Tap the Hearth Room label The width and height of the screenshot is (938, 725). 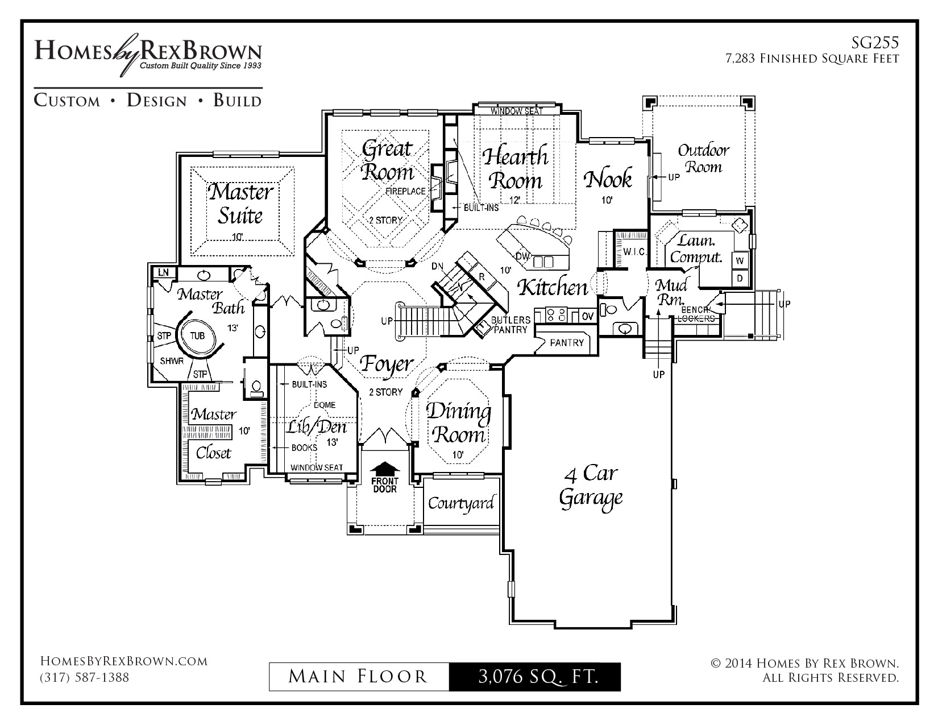pyautogui.click(x=516, y=168)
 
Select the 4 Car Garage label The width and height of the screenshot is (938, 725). pyautogui.click(x=591, y=486)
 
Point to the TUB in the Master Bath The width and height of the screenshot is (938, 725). pyautogui.click(x=197, y=335)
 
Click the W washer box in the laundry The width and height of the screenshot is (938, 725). pyautogui.click(x=740, y=260)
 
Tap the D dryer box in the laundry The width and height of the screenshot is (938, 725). pyautogui.click(x=740, y=278)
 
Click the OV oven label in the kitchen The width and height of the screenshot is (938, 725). pyautogui.click(x=587, y=316)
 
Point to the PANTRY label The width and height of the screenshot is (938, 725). pyautogui.click(x=567, y=342)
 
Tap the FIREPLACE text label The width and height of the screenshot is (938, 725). pyautogui.click(x=405, y=191)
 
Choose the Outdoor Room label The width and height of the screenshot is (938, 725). pyautogui.click(x=703, y=159)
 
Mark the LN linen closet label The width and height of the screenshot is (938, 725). pyautogui.click(x=164, y=272)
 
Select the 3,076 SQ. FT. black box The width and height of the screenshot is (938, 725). pyautogui.click(x=534, y=677)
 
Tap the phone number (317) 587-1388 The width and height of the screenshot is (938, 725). pyautogui.click(x=84, y=678)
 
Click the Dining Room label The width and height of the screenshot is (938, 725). pyautogui.click(x=458, y=423)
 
